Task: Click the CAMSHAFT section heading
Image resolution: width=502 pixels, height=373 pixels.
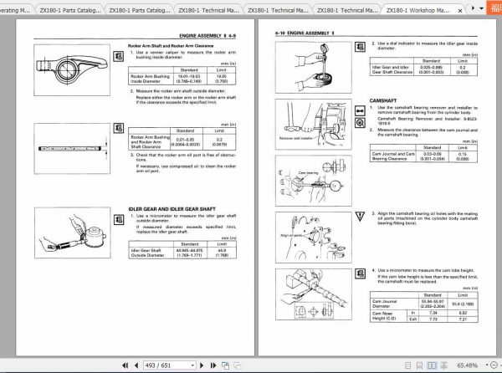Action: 391,98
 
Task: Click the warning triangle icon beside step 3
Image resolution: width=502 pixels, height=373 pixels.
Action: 361,214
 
